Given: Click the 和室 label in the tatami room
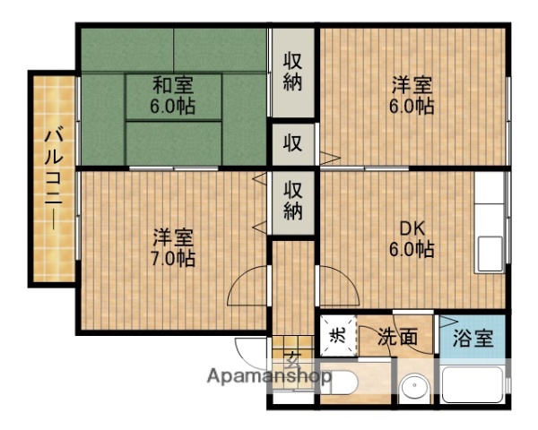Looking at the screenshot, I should click(172, 86).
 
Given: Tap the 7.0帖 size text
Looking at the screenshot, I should click(173, 259).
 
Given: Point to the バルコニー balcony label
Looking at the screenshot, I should click(53, 179).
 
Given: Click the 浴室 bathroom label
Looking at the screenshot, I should click(473, 339).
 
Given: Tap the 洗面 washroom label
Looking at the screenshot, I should click(397, 338).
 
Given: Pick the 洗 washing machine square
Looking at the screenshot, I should click(338, 336).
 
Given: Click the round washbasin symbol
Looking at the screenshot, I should click(414, 390).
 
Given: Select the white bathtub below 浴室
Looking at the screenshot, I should click(472, 385).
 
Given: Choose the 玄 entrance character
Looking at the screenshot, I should click(292, 361).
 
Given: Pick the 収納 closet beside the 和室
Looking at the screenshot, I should click(293, 72).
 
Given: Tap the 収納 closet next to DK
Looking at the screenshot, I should click(293, 200).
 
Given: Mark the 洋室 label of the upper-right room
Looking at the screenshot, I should click(412, 86).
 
